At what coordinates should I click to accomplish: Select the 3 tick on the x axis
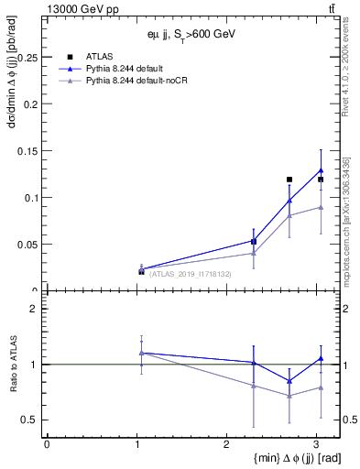(316, 443)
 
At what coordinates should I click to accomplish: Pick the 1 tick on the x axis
(136, 443)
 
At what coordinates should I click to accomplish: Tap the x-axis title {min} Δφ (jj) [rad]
(274, 458)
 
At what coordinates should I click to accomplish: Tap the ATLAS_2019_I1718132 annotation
(190, 274)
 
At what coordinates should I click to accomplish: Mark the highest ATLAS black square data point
(289, 180)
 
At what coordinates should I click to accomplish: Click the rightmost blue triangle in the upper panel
(321, 169)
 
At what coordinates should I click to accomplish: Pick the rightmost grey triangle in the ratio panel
(321, 387)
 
